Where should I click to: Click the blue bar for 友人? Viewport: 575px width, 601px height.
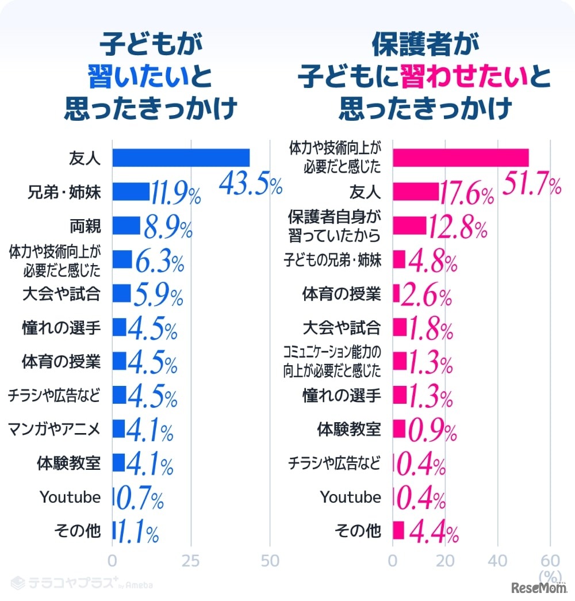[x=181, y=158]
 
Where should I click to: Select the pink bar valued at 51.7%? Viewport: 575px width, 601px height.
[x=460, y=158]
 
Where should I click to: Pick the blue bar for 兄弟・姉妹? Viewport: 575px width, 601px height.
[x=131, y=192]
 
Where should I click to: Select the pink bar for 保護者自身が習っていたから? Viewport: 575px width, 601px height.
[x=409, y=226]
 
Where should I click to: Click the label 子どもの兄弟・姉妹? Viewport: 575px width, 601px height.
[x=332, y=260]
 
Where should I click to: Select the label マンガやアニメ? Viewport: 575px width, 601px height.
[x=55, y=429]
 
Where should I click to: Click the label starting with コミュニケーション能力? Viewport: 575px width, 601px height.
[x=332, y=362]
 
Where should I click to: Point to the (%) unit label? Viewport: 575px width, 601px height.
[x=550, y=575]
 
